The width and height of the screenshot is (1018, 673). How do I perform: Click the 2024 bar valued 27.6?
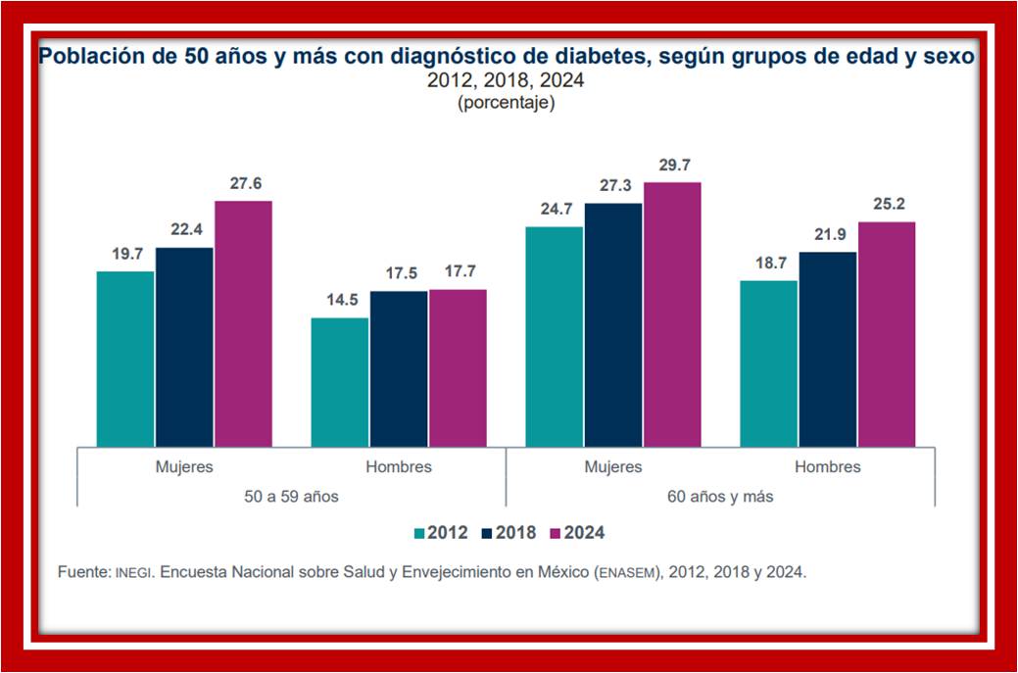coord(243,323)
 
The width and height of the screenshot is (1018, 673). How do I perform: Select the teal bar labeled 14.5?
coord(340,382)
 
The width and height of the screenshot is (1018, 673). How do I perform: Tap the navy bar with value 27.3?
coord(613,324)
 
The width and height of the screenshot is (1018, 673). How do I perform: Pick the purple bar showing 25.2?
coord(887,334)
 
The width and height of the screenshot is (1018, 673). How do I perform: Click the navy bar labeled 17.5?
coord(399,368)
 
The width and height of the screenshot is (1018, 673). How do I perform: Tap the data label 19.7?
coord(125,254)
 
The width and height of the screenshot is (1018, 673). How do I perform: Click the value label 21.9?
coord(828,235)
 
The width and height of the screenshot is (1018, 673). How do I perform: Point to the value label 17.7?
coord(458,272)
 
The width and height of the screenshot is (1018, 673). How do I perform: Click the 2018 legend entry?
coord(508,533)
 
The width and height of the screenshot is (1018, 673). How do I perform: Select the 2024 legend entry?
coord(576,533)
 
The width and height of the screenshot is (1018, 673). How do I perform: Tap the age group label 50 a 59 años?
coord(292,497)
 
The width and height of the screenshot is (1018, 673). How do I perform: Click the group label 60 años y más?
coord(720,497)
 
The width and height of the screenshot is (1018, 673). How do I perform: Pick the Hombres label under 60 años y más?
coord(827,467)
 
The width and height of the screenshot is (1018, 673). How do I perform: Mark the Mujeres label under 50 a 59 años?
coord(184,467)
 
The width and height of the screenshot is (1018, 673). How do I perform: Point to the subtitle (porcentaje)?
coord(506,102)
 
